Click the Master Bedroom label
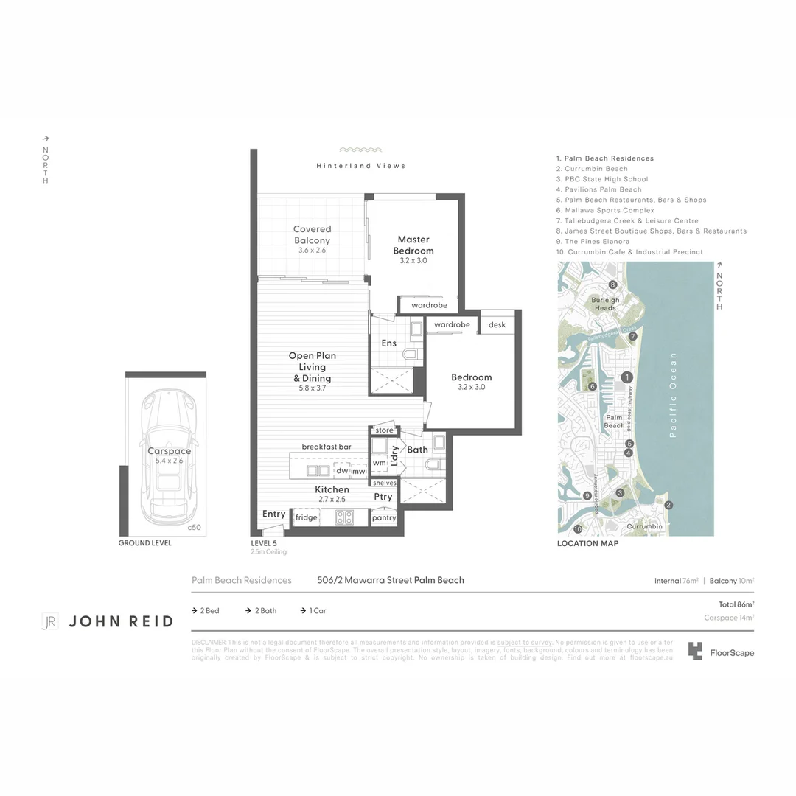(413, 245)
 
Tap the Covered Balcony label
(313, 234)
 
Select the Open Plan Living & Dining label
(312, 366)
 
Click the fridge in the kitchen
(306, 517)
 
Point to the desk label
(497, 324)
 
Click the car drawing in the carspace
(169, 456)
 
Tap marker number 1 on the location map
(627, 377)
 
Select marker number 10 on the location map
(578, 528)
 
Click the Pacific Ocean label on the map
(672, 395)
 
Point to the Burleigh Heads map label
(605, 304)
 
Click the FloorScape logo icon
(695, 651)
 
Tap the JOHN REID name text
(121, 621)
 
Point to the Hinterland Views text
(361, 166)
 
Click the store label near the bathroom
(384, 430)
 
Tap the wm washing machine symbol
(379, 463)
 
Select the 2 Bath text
(265, 610)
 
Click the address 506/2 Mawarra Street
(364, 580)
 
